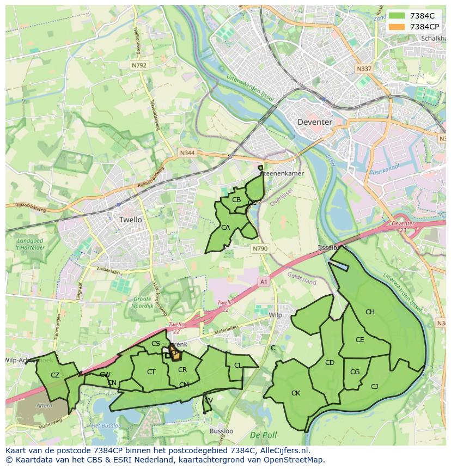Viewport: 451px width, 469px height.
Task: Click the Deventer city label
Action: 314,122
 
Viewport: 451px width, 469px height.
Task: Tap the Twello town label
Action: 130,220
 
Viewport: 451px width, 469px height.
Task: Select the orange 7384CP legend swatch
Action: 396,26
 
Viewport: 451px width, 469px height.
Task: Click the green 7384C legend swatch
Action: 396,15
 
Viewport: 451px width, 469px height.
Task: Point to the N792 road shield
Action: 139,65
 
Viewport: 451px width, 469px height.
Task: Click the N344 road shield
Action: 187,154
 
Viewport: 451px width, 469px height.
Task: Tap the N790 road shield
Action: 260,248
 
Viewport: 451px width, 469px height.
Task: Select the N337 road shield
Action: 363,69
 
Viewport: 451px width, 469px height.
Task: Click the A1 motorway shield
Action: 264,282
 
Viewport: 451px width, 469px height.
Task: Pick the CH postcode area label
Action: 370,312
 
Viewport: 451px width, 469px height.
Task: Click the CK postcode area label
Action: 296,393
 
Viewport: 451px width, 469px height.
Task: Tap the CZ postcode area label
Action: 54,375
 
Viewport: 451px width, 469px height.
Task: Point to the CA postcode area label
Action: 225,227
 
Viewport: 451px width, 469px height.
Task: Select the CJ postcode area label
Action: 374,386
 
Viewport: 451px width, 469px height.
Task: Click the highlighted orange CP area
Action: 174,353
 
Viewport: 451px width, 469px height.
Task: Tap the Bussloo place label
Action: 221,431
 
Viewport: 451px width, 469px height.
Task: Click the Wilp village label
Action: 276,315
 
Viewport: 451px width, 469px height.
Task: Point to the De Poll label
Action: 263,435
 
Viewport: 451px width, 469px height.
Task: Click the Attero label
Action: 44,405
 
